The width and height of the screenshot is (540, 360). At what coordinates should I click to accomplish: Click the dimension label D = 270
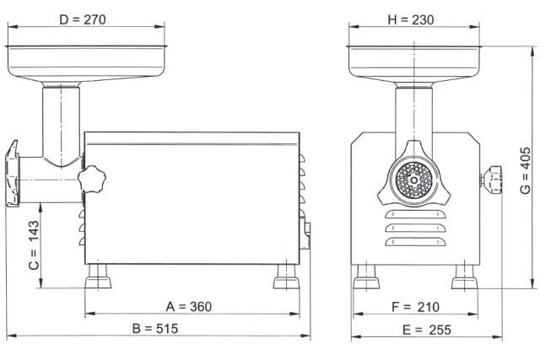click(83, 19)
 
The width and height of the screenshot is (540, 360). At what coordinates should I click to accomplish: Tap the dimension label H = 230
click(411, 20)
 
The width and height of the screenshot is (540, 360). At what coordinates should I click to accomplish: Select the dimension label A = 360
click(189, 307)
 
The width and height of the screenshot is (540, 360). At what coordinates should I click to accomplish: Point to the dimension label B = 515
click(155, 329)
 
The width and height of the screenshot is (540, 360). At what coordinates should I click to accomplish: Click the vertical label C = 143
click(34, 245)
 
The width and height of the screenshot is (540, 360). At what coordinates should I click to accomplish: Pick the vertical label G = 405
click(525, 170)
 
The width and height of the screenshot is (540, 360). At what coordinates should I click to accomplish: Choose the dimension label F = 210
click(416, 307)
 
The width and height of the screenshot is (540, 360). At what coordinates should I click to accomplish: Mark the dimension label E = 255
click(427, 330)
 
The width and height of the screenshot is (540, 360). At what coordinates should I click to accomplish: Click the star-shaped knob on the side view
click(92, 179)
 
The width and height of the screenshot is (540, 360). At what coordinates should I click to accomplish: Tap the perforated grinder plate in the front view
click(413, 180)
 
